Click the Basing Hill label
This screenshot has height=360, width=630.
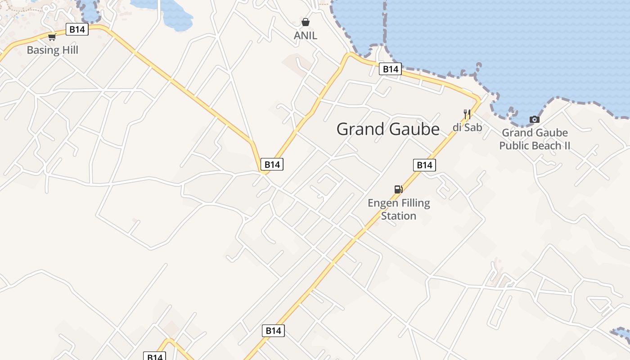[x=52, y=50]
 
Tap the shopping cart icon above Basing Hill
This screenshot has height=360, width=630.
[x=52, y=37]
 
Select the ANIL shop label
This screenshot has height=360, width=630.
[x=306, y=36]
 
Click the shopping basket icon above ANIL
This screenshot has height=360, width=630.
[x=306, y=22]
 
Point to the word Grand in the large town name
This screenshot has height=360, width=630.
[x=361, y=129]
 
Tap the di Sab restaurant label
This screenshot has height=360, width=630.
[x=467, y=127]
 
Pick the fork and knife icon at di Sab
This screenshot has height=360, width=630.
[x=467, y=114]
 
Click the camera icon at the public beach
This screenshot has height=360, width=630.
[x=535, y=119]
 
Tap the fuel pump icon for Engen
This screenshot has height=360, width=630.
[x=398, y=189]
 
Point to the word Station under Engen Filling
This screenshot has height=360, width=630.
[x=399, y=216]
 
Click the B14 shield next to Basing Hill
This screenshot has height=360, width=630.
[x=77, y=30]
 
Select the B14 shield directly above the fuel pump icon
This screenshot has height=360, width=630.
[x=424, y=165]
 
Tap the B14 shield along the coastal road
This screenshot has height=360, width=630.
[x=390, y=69]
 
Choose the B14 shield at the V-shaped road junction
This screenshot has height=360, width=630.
[x=272, y=165]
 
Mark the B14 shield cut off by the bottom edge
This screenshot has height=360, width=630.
[x=155, y=356]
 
